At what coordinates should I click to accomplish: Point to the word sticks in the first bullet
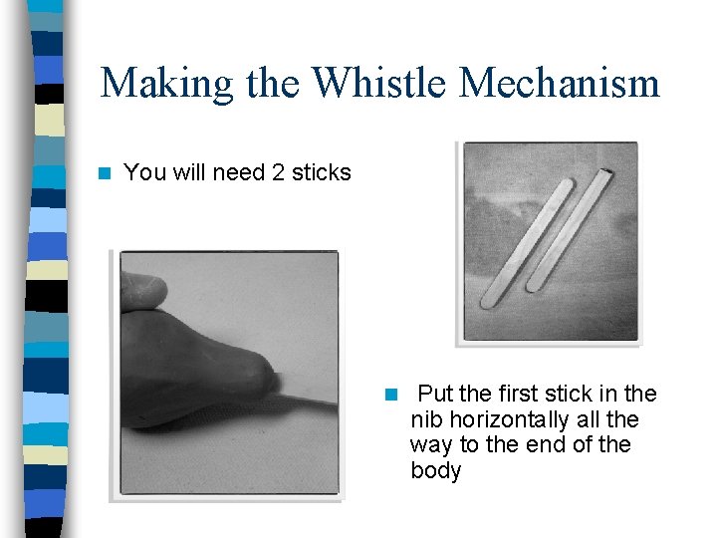tap(322, 172)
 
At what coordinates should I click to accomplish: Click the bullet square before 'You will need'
tap(105, 173)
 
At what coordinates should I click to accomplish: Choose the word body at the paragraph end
tap(435, 470)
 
